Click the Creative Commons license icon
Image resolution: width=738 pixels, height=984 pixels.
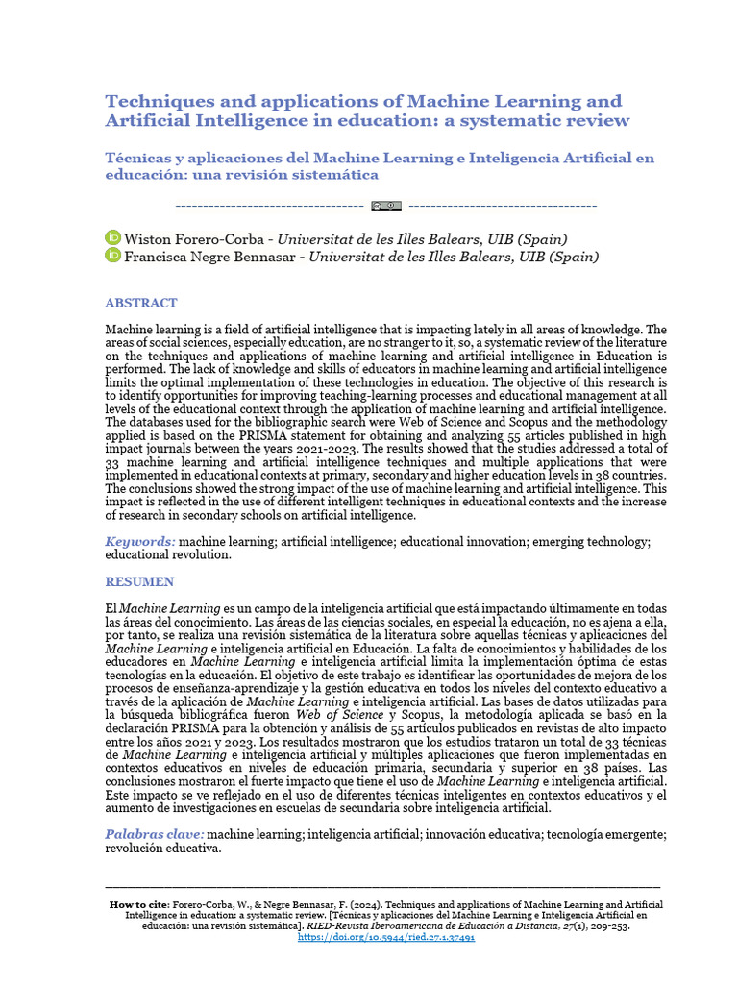[386, 206]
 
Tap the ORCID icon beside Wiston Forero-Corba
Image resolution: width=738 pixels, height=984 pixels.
[112, 238]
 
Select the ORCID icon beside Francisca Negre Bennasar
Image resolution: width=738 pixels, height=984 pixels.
[112, 257]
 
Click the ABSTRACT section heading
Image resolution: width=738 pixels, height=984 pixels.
[140, 303]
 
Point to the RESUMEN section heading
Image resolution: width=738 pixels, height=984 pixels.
[139, 581]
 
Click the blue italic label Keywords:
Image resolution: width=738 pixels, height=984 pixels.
[140, 542]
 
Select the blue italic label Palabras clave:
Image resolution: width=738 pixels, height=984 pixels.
[155, 834]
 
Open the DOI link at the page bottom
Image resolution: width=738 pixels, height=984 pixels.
[386, 938]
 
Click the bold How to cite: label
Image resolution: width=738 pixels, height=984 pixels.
[140, 905]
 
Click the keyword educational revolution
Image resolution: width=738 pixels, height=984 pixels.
[168, 555]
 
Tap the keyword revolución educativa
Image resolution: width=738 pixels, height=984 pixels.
[163, 849]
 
